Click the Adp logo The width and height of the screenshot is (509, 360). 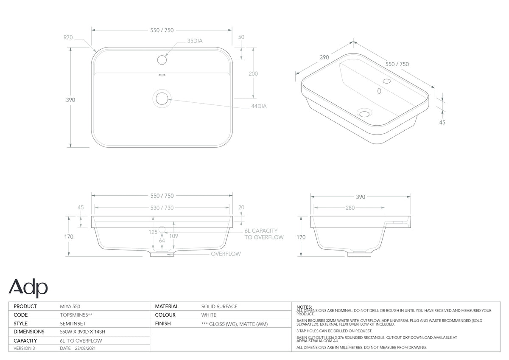click(28, 288)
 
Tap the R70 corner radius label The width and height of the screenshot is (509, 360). click(68, 37)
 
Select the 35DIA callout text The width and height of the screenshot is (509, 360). click(195, 41)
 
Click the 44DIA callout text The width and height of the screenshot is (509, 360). click(259, 106)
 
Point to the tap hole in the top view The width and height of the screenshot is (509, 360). click(162, 60)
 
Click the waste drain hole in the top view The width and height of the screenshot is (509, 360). click(162, 98)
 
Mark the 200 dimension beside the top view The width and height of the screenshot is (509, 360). click(253, 74)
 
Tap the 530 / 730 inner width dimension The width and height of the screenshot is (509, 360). click(162, 208)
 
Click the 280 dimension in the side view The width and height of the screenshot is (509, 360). click(350, 208)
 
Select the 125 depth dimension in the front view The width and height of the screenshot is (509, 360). click(153, 232)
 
